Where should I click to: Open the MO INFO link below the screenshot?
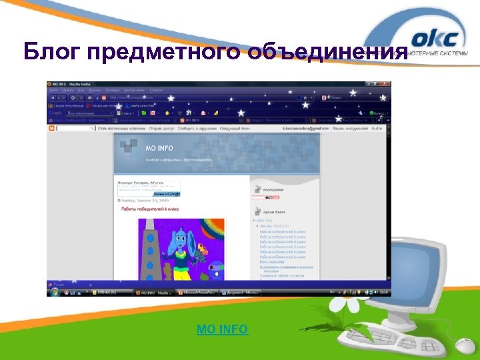222,329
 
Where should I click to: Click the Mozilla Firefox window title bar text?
73,85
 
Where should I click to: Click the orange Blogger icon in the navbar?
51,128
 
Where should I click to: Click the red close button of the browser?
388,85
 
